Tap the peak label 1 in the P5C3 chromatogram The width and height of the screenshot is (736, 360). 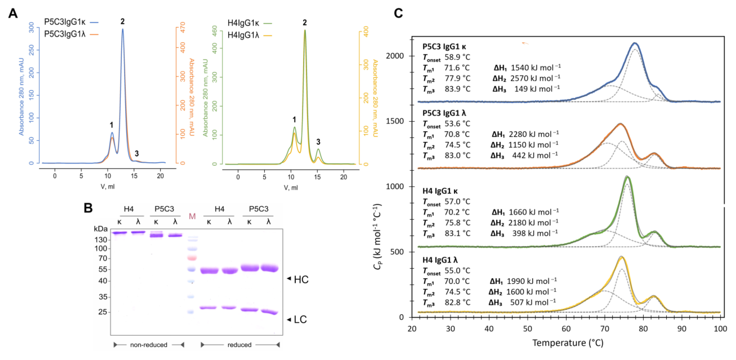coord(111,125)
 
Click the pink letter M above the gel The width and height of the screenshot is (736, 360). coord(192,216)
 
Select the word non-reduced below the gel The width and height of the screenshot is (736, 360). coord(149,345)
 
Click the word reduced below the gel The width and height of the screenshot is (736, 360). coord(240,345)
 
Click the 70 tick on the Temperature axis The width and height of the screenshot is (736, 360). coord(605,328)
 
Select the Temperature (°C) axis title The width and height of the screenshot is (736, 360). coord(567,343)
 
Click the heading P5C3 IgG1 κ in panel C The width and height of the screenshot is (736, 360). coord(444,46)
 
